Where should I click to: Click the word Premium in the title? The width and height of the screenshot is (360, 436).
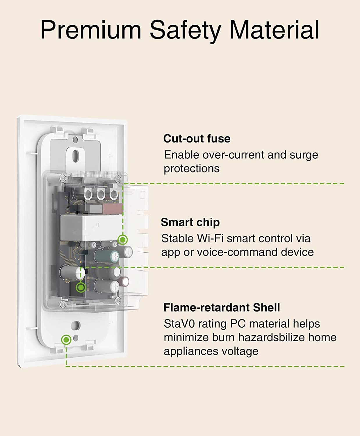tap(91, 30)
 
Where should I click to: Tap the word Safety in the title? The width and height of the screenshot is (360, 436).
tap(185, 30)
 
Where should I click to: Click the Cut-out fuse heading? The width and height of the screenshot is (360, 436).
tap(197, 139)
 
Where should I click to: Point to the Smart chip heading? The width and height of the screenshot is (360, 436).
tap(190, 222)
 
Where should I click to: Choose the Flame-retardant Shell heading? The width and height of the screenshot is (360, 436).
tap(222, 308)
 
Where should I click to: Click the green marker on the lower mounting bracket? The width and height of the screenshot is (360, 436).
tap(66, 339)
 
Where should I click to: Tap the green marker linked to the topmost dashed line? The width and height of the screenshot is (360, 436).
tap(123, 240)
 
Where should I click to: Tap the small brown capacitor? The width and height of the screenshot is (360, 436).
tap(125, 281)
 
